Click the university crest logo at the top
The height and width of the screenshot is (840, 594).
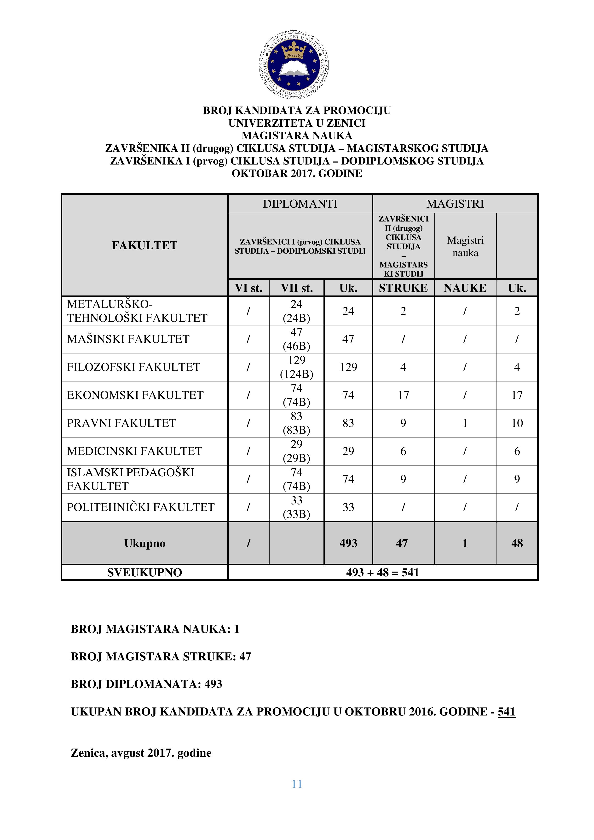[294, 65]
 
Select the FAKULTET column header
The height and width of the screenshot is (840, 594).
[144, 245]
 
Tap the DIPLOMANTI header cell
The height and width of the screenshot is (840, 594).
[300, 204]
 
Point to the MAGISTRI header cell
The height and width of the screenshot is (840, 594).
[455, 204]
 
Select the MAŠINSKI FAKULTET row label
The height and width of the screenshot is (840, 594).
[128, 339]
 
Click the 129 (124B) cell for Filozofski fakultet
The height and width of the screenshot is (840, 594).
[296, 367]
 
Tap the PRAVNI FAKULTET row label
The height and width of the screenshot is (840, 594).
[121, 423]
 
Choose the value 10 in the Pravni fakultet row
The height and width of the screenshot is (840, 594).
[517, 423]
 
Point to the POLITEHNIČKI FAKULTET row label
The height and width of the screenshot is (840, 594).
[141, 507]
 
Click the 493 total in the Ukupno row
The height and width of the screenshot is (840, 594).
[348, 543]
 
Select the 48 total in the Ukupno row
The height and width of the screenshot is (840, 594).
[517, 543]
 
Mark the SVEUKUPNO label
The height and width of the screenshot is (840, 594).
[144, 573]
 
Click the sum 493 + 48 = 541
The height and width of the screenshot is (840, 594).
[382, 573]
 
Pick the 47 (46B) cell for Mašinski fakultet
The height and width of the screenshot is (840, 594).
[296, 339]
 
